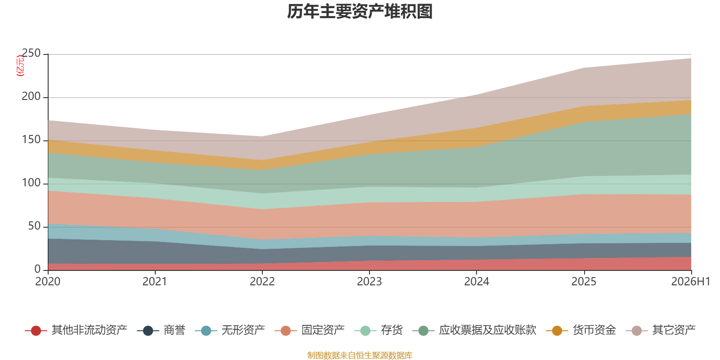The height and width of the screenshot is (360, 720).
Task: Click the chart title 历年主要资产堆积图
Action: tap(360, 12)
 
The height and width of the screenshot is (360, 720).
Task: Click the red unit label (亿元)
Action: tap(20, 66)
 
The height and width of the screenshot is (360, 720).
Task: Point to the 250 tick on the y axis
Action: tap(31, 54)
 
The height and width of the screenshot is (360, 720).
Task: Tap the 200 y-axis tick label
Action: tap(31, 96)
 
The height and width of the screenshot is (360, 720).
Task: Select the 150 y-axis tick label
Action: tap(31, 140)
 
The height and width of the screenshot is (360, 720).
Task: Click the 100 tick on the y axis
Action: tap(31, 183)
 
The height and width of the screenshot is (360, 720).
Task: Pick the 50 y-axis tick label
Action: tap(34, 226)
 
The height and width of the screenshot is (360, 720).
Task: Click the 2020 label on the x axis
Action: tap(48, 282)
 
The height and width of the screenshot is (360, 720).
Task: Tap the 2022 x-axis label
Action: tap(262, 282)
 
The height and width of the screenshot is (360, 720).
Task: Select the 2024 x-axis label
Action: tap(477, 282)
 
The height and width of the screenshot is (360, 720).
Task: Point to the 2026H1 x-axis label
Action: tap(691, 282)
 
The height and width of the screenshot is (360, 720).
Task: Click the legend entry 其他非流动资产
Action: tap(76, 330)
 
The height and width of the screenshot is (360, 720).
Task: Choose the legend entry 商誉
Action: tap(161, 330)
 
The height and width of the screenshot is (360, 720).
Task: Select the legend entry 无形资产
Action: tap(230, 330)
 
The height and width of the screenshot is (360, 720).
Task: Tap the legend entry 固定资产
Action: tap(310, 330)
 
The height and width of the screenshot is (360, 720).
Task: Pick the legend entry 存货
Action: tap(378, 330)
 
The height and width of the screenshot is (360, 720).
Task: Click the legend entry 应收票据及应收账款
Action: tap(474, 330)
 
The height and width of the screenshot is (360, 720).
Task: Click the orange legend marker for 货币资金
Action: tap(557, 330)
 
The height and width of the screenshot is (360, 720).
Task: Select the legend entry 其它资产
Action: tap(661, 330)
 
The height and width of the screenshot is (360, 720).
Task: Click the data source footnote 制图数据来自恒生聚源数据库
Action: tap(360, 355)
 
